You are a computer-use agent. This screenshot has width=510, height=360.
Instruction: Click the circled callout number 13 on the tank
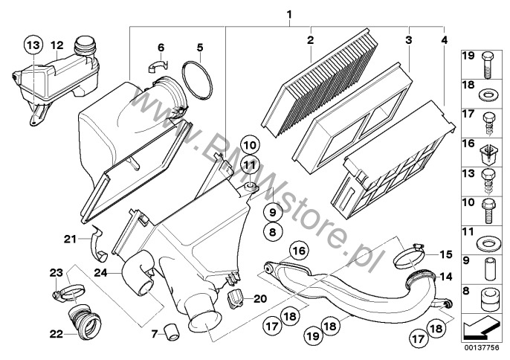tap(33, 46)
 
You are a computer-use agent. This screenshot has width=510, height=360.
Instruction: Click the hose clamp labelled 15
tap(410, 260)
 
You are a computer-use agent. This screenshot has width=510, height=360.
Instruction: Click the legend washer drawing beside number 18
tap(487, 95)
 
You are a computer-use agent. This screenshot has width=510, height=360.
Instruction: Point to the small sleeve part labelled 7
tap(172, 331)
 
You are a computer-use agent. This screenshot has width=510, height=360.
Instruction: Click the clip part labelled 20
tap(235, 300)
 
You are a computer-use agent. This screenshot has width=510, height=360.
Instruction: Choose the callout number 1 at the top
tap(289, 13)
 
